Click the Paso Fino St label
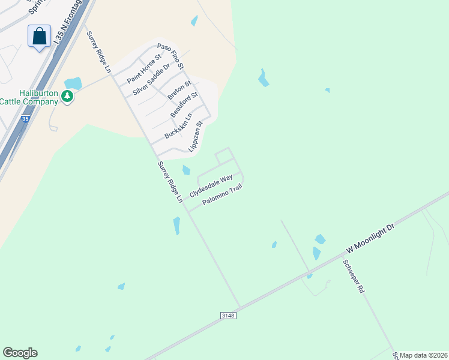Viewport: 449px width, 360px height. click(170, 55)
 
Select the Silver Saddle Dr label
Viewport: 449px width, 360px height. click(152, 79)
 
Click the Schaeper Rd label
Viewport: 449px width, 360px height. click(354, 276)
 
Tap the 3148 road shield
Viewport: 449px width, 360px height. click(228, 315)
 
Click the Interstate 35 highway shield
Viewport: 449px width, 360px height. click(25, 119)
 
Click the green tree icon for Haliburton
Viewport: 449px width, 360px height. click(68, 96)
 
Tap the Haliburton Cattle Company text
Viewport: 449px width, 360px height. click(30, 97)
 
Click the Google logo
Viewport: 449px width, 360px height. click(20, 353)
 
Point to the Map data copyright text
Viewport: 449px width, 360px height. click(424, 355)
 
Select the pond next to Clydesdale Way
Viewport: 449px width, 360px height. click(186, 170)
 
